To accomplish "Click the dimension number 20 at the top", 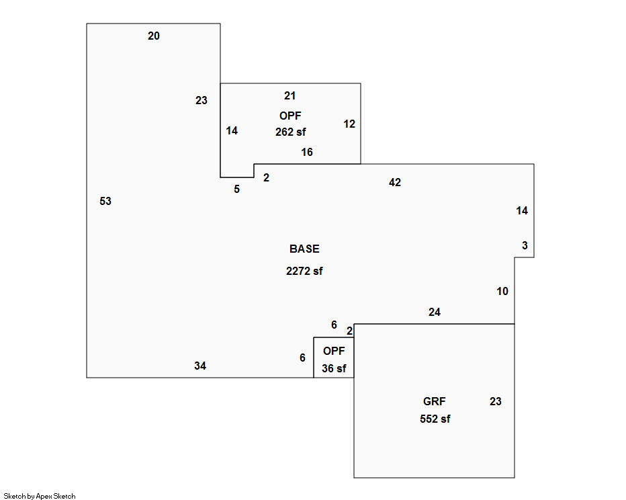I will (x=154, y=36).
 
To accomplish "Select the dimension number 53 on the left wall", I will (x=105, y=201).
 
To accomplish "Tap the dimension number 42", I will (x=395, y=183).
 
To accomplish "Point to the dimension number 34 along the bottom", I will (x=200, y=366).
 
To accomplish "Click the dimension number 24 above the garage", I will (x=435, y=312).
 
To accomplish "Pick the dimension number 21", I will (x=289, y=96).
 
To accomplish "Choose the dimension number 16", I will (x=307, y=153).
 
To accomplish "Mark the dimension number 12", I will (x=349, y=124).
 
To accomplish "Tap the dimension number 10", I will (x=502, y=291).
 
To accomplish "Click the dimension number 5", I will (x=236, y=190).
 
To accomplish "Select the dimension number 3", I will (x=525, y=246).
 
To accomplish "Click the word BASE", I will (x=304, y=249).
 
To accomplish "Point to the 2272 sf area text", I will (x=304, y=272).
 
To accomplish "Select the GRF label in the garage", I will (x=434, y=402).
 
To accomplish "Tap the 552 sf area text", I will (x=435, y=419).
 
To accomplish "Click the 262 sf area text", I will (x=290, y=132).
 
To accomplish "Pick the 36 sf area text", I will (x=334, y=368).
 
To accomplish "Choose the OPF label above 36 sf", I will (x=334, y=351).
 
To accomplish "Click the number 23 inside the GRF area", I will (x=495, y=402).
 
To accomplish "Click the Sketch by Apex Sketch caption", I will (x=40, y=496).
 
